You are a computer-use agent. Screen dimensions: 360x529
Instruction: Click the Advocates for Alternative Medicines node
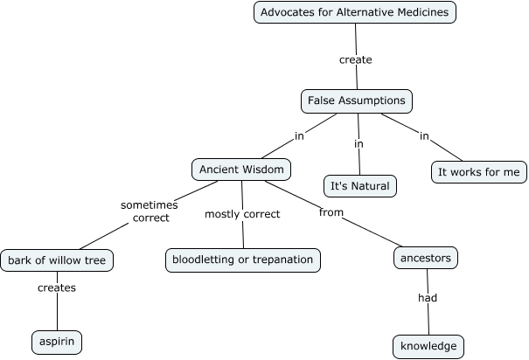tap(355, 12)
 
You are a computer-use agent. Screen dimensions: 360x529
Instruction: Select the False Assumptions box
tap(356, 100)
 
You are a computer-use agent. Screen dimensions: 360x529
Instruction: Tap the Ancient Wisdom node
tap(240, 169)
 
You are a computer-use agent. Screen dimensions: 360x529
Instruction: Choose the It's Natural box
tap(359, 186)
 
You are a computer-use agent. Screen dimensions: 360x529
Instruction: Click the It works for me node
tap(479, 171)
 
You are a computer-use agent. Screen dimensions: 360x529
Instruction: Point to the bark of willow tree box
tap(57, 260)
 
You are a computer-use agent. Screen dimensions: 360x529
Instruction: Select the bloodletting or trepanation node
tap(243, 260)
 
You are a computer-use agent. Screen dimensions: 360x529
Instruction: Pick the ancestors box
tap(427, 258)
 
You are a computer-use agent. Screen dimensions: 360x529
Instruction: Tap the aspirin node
tap(57, 342)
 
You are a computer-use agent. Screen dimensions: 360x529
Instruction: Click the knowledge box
tap(428, 346)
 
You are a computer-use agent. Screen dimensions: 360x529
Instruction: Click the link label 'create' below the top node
tap(355, 60)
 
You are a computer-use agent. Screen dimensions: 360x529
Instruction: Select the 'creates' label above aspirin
tap(57, 287)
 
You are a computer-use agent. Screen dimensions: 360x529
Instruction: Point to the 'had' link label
tap(427, 298)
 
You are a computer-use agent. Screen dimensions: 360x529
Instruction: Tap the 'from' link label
tap(331, 212)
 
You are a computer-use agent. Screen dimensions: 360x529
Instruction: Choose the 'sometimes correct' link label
tap(150, 211)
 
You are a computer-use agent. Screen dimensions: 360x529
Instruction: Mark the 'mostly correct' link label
tap(242, 214)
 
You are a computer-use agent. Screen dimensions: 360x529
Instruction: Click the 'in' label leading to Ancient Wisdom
tap(299, 135)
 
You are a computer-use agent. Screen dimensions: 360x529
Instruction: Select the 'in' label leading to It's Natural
tap(358, 143)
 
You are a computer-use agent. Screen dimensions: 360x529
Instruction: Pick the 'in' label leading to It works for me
tap(424, 135)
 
